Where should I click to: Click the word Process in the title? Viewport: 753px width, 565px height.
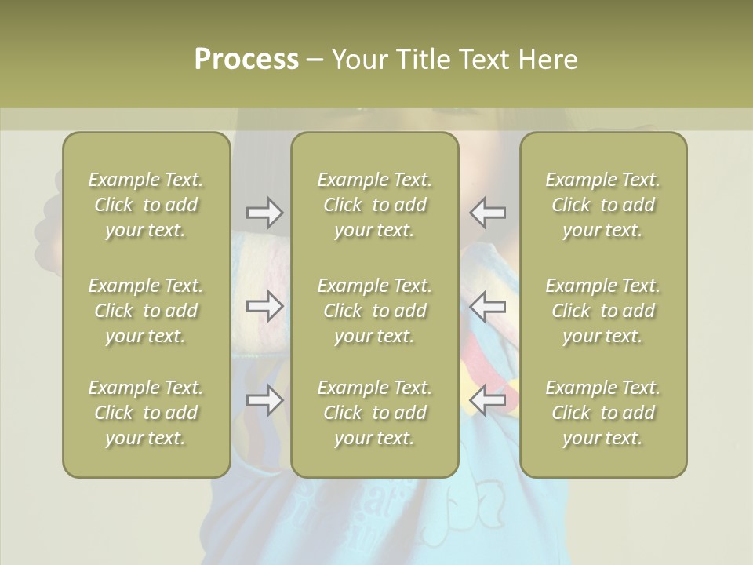(246, 60)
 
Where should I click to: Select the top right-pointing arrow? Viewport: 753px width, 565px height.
(264, 212)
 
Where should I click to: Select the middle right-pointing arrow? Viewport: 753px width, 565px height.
(264, 306)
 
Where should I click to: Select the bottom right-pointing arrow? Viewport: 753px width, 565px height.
(264, 400)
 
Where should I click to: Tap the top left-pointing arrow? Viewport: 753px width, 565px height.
(488, 212)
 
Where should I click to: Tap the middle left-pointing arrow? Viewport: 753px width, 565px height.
(488, 306)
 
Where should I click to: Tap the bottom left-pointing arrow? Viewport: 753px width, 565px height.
(488, 400)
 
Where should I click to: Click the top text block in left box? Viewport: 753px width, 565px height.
(146, 205)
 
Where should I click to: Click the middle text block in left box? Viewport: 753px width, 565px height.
(146, 311)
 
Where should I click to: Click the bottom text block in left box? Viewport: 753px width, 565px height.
(146, 413)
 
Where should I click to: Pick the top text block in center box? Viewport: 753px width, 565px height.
(375, 205)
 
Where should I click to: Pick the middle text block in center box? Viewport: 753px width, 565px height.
(375, 311)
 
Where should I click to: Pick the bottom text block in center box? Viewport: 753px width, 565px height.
(375, 413)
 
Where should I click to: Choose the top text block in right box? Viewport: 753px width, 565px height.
(603, 205)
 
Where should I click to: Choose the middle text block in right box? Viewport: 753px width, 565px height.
(603, 311)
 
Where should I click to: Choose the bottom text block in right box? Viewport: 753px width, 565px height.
(603, 413)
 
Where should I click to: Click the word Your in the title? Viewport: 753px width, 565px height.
(358, 60)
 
